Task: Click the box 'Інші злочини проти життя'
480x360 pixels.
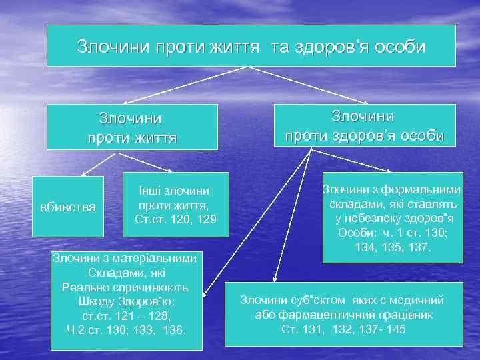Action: [x=175, y=204]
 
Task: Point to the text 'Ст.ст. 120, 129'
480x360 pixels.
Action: [x=175, y=219]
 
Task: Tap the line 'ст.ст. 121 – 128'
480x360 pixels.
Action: [x=126, y=315]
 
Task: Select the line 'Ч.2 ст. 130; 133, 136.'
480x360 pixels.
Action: [x=126, y=329]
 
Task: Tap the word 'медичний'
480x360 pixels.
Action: [x=435, y=301]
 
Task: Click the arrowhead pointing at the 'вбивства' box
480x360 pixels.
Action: [x=83, y=174]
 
